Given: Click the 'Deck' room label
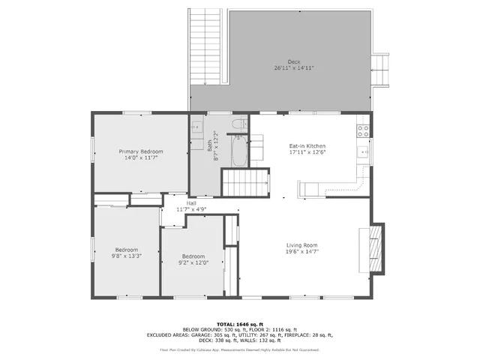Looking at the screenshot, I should click(293, 61).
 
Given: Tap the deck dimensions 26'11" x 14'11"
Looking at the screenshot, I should click(293, 67).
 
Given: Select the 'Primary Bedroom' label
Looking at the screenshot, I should click(141, 151).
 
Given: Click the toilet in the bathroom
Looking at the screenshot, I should click(239, 124).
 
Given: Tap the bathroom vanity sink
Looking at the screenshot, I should click(197, 126).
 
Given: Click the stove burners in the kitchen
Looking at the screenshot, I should click(364, 130).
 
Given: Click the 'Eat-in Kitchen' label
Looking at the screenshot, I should click(307, 145).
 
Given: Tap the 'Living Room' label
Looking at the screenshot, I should click(301, 244).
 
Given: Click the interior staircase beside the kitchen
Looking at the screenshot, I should click(245, 182).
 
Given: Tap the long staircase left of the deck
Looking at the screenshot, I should click(205, 46).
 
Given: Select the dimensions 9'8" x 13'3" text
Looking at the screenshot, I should click(126, 256).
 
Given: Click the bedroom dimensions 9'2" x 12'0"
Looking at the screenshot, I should click(192, 262).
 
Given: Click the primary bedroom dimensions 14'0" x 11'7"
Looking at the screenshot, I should click(141, 158).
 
